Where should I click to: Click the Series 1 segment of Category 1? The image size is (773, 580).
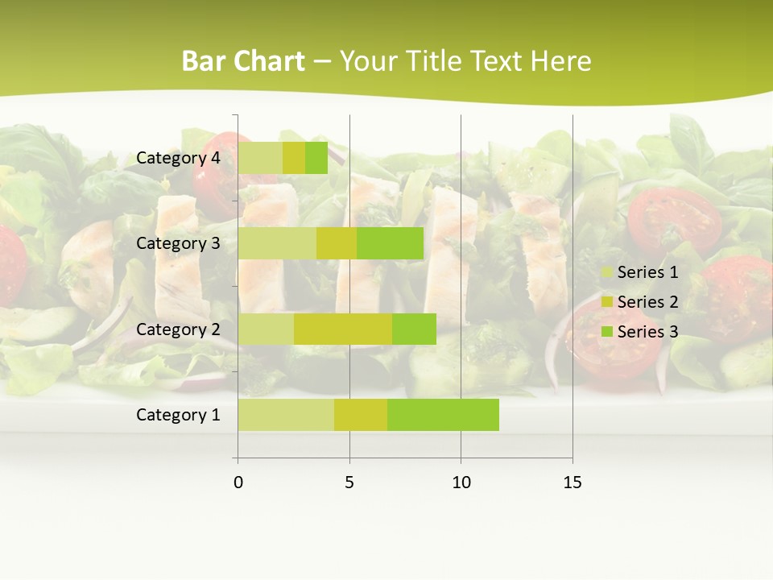[286, 415]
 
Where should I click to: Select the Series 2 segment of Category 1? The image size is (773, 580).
[361, 415]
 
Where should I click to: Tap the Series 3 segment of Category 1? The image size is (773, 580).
[443, 415]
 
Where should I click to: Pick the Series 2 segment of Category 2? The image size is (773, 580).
[343, 329]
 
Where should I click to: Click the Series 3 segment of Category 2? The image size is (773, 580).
[414, 329]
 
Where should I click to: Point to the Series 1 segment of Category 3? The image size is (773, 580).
[277, 243]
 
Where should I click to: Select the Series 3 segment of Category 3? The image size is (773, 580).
[390, 243]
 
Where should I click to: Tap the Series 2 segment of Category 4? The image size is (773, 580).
[294, 158]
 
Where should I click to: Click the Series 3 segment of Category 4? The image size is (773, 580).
[316, 158]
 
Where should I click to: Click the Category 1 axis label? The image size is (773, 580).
[178, 415]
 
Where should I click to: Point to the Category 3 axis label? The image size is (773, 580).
[178, 243]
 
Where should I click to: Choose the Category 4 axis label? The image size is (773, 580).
[178, 158]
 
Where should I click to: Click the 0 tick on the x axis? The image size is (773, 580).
[238, 483]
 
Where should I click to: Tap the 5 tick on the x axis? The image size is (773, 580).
[349, 483]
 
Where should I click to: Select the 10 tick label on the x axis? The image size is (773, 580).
[461, 483]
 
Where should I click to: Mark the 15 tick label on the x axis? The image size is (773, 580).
[573, 483]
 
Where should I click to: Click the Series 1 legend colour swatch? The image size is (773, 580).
[606, 272]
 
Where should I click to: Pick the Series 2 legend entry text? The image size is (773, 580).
[647, 302]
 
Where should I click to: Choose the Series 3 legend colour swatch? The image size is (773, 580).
[606, 332]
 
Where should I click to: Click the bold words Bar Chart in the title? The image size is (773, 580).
[243, 61]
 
